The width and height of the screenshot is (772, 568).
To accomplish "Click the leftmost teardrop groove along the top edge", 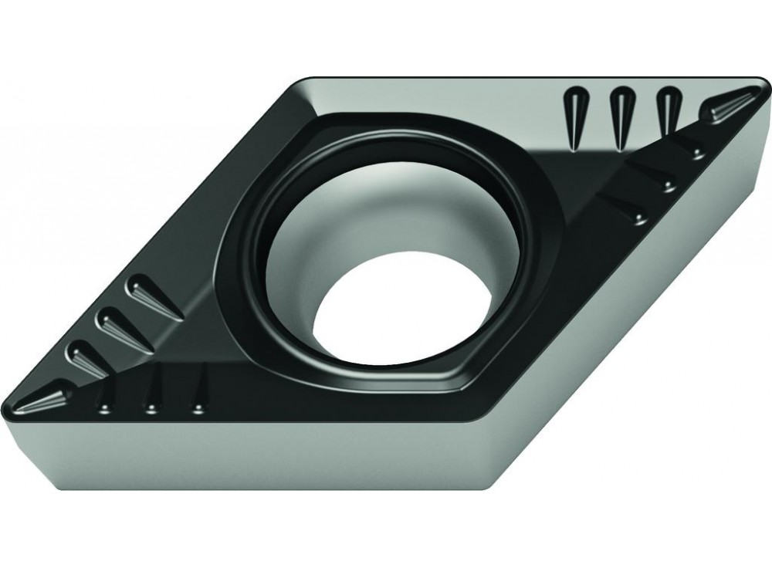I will point(574,116).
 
